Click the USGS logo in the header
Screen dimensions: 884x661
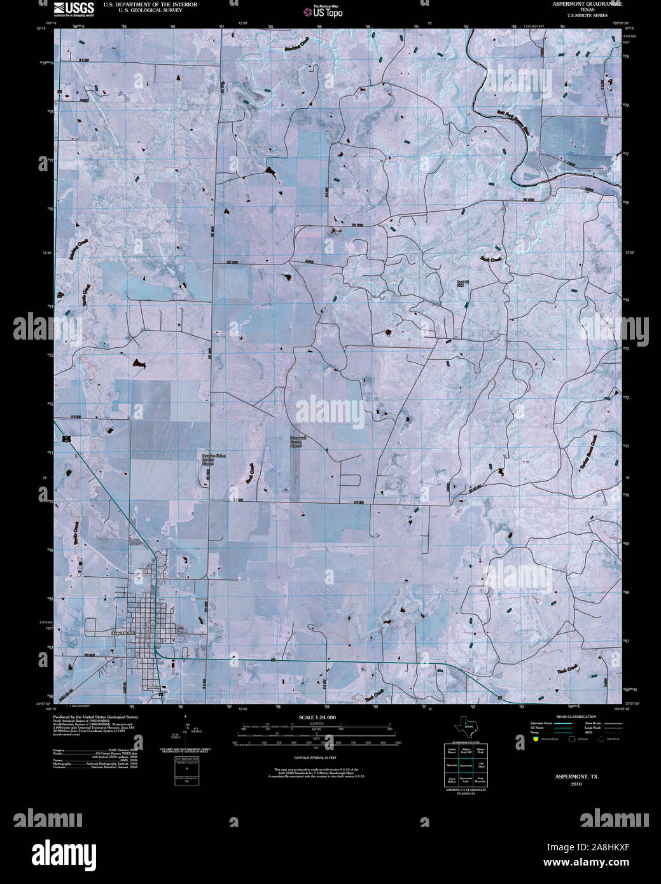pos(74,8)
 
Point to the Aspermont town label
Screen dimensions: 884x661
pos(123,633)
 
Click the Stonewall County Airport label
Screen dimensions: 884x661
pos(295,443)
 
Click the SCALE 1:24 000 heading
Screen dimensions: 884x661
pos(317,717)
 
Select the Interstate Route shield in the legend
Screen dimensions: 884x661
pos(536,740)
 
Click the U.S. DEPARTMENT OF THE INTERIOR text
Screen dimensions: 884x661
pos(150,4)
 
